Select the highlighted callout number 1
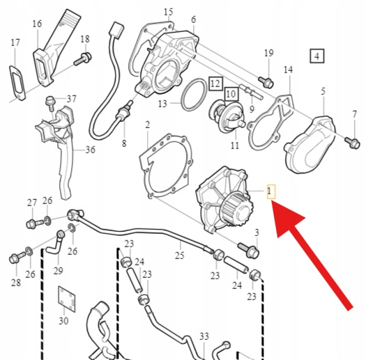click(x=271, y=191)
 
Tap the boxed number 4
click(x=317, y=56)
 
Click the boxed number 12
click(x=215, y=84)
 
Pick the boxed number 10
click(x=231, y=94)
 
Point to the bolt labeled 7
click(x=352, y=142)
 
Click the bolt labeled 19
click(x=266, y=82)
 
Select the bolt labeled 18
click(x=83, y=58)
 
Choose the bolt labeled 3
click(x=248, y=250)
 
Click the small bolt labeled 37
click(x=49, y=103)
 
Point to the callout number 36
click(x=91, y=150)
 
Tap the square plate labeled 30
click(x=67, y=299)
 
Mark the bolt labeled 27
click(x=35, y=224)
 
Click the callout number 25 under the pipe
click(x=179, y=256)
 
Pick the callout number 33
click(x=204, y=336)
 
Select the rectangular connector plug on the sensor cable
click(x=116, y=30)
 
